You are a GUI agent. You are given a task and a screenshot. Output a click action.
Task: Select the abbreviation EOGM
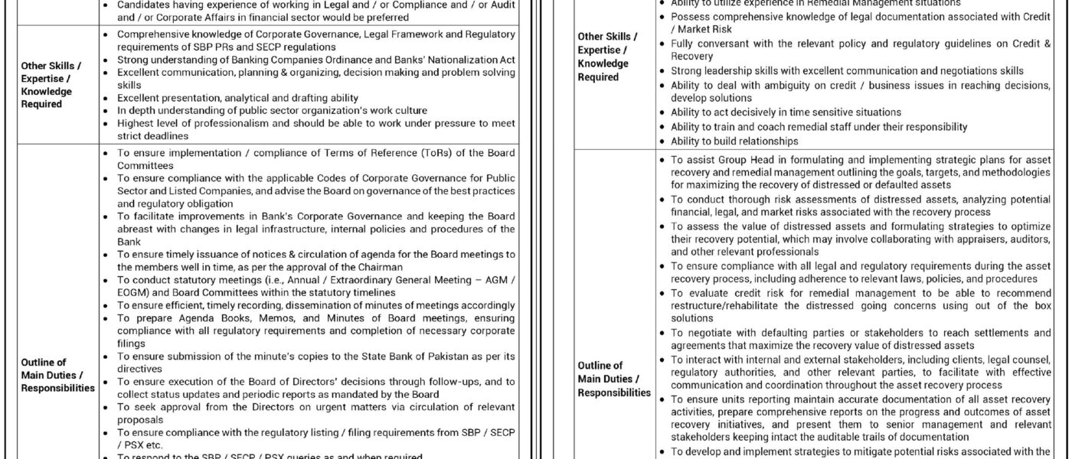(133, 292)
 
